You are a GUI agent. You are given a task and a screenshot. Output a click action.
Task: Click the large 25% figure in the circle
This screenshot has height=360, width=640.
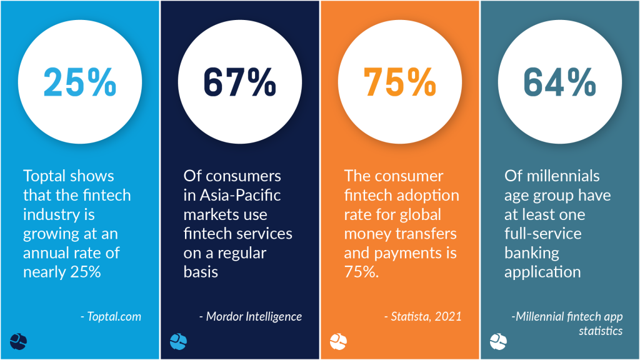click(x=80, y=82)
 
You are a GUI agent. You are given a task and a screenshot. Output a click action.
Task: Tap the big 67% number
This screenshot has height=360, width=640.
click(x=240, y=82)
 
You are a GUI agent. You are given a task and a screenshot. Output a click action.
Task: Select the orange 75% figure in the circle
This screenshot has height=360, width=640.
click(x=400, y=82)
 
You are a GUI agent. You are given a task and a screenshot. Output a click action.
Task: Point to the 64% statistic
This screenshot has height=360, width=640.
click(x=560, y=82)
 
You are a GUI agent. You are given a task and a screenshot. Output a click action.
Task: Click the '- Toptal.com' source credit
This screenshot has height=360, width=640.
click(x=111, y=316)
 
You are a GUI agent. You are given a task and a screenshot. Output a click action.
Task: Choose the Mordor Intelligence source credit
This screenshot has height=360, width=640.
click(x=251, y=316)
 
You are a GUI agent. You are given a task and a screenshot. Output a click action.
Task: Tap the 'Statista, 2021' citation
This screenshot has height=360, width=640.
click(x=423, y=316)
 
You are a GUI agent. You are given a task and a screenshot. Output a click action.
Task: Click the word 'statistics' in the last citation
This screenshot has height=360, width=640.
click(x=601, y=331)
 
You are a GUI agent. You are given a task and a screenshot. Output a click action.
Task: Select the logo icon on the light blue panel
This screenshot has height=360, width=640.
click(x=18, y=341)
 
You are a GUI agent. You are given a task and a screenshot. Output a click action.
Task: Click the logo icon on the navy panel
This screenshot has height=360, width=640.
click(x=178, y=341)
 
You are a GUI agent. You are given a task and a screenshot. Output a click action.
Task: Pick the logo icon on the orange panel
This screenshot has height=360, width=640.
click(x=338, y=341)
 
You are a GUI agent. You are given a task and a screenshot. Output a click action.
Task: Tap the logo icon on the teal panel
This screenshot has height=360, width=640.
click(x=498, y=341)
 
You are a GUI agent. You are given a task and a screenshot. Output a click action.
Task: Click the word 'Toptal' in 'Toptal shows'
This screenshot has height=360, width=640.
click(x=44, y=176)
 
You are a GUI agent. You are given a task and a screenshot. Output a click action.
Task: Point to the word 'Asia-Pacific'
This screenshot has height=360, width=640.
click(x=240, y=196)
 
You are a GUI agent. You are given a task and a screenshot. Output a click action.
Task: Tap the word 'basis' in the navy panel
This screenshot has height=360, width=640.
click(x=201, y=272)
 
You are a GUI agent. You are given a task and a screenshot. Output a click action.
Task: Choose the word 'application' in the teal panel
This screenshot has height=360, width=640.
click(x=542, y=272)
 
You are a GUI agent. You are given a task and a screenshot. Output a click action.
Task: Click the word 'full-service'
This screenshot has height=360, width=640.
click(x=543, y=234)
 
